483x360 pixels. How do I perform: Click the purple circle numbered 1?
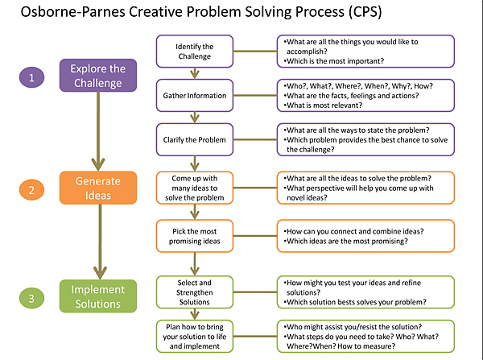coord(31,77)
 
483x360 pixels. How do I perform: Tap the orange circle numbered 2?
coord(31,191)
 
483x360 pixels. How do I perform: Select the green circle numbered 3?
coord(31,298)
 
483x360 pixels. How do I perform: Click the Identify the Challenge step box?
coord(194,52)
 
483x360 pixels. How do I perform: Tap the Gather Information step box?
coord(194,96)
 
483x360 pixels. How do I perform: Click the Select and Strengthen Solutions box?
coord(194,292)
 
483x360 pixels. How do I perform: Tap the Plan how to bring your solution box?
coord(194,335)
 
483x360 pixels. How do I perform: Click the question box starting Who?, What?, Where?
coord(364,95)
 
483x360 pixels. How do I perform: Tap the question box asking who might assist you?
coord(364,335)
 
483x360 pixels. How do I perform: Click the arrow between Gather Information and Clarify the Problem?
coord(194,117)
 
